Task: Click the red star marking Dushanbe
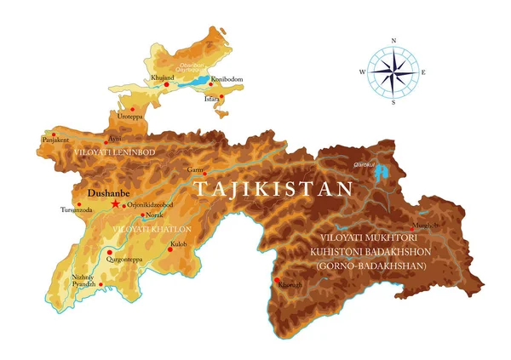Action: point(115,204)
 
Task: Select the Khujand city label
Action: point(162,78)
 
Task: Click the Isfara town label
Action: point(212,99)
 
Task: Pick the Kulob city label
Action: point(177,245)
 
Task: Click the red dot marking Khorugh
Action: point(277,279)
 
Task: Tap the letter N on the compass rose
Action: point(393,41)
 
